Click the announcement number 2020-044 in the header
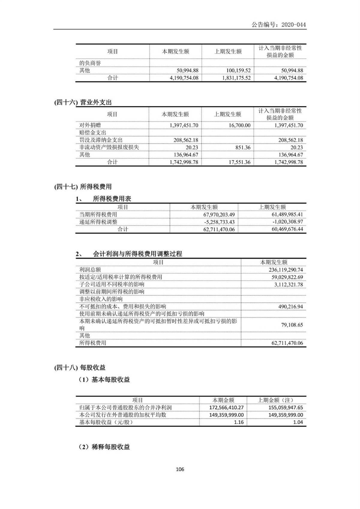click(x=293, y=25)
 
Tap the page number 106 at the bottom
click(x=180, y=469)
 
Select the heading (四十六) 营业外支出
click(x=83, y=102)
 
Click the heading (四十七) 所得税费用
click(x=83, y=187)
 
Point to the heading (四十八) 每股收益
click(x=80, y=367)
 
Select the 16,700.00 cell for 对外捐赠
click(x=239, y=125)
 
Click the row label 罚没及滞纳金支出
click(x=101, y=140)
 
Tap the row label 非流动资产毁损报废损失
click(x=109, y=147)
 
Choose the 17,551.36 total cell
click(x=239, y=162)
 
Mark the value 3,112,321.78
click(x=288, y=284)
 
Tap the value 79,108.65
click(x=292, y=325)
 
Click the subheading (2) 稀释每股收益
click(x=104, y=447)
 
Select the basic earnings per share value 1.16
click(x=239, y=422)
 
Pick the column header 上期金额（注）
click(x=276, y=400)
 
